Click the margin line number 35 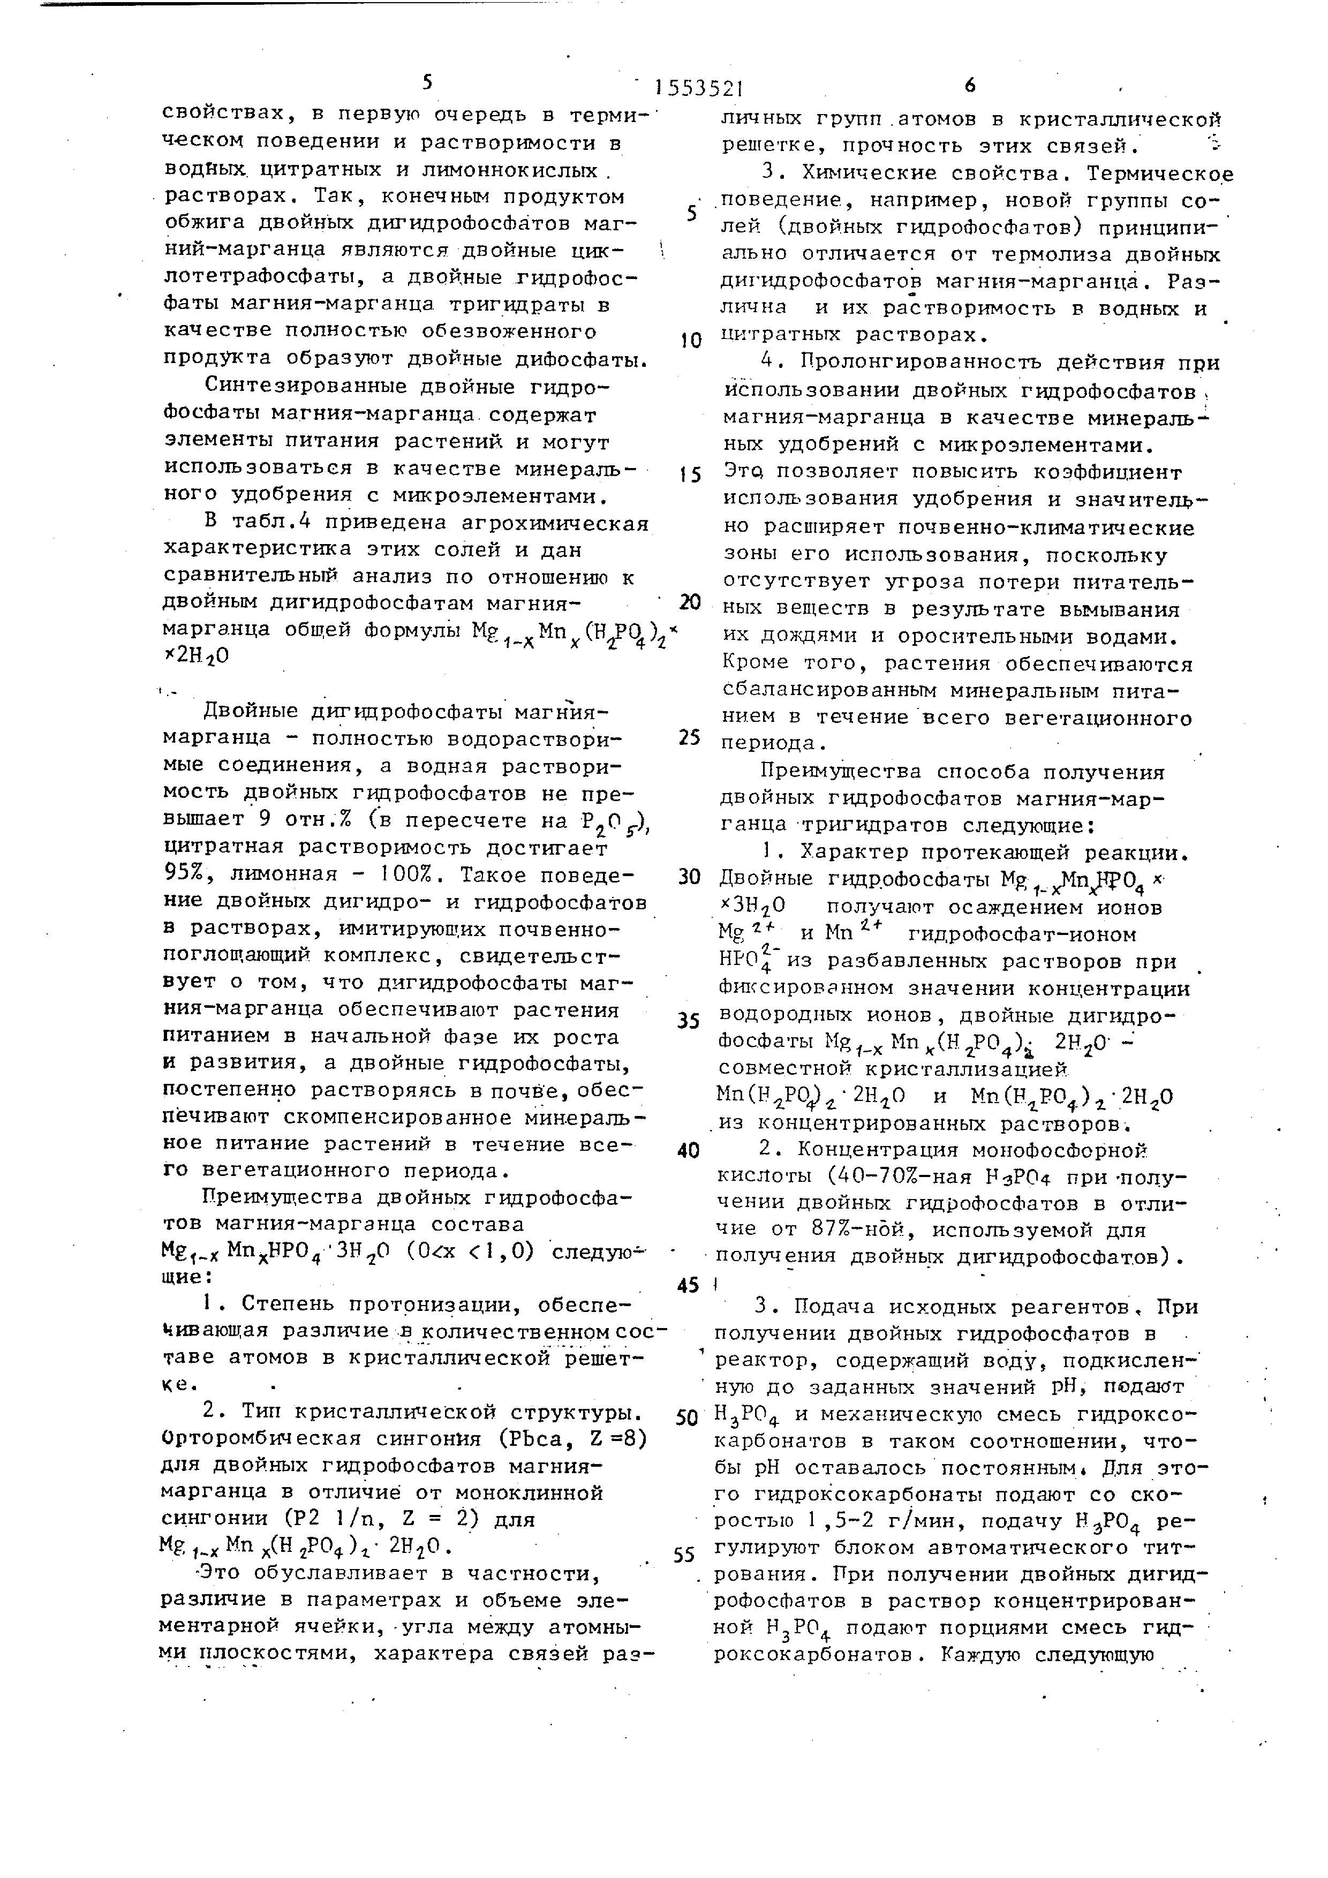(689, 1021)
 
